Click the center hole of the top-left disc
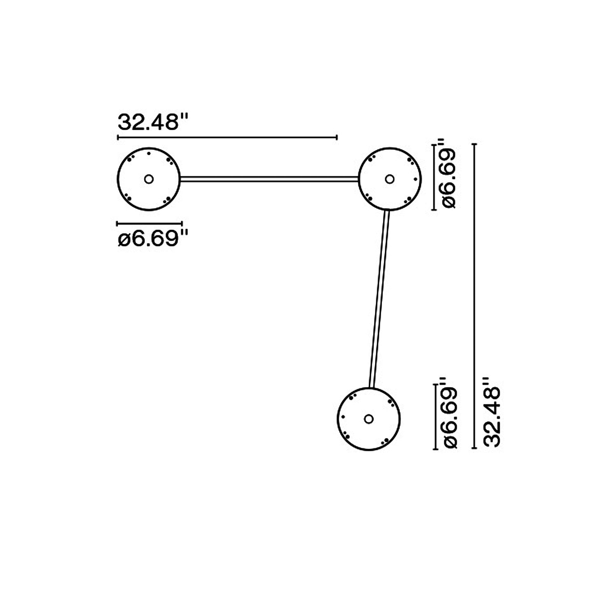point(149,179)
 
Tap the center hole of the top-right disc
point(390,179)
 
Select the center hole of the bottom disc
point(369,419)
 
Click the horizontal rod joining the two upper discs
point(269,179)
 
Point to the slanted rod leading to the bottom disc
point(379,299)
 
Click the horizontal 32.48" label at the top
point(153,122)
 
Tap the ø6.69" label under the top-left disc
point(153,239)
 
